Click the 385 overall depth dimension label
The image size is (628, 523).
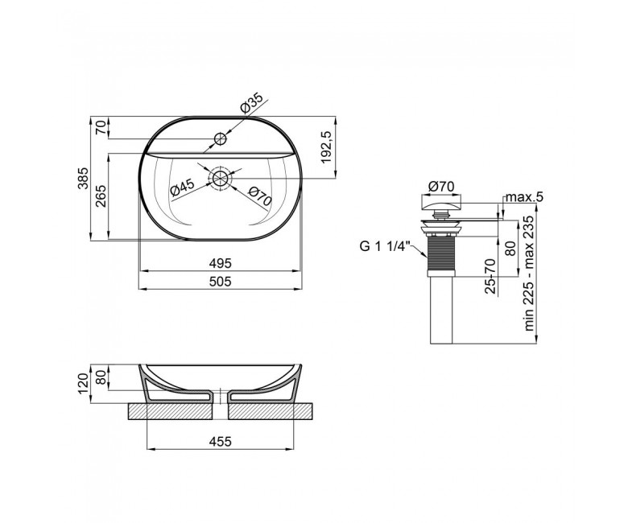click(82, 178)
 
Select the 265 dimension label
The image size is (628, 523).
click(101, 196)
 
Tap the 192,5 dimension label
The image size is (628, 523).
click(326, 147)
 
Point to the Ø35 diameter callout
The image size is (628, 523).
click(251, 103)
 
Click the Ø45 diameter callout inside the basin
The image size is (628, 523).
click(182, 187)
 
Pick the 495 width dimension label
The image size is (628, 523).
click(221, 263)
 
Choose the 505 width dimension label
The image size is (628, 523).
click(221, 282)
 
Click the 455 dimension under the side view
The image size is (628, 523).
click(221, 442)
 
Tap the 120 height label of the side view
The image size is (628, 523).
click(82, 384)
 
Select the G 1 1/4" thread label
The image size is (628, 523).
click(384, 246)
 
